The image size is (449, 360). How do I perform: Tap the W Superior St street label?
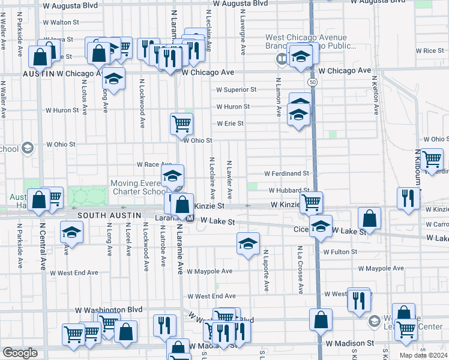(237, 89)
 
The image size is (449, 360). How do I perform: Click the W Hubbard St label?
(289, 190)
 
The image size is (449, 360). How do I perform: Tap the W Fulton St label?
(340, 252)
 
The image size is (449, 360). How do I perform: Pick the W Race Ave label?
(154, 164)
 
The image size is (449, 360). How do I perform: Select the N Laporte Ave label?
(265, 271)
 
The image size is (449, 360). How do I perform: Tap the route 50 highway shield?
(313, 81)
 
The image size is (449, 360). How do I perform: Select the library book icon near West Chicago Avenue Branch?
(281, 59)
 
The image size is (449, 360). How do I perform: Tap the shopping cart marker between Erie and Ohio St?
(181, 124)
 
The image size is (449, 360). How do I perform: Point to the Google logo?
(20, 353)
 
